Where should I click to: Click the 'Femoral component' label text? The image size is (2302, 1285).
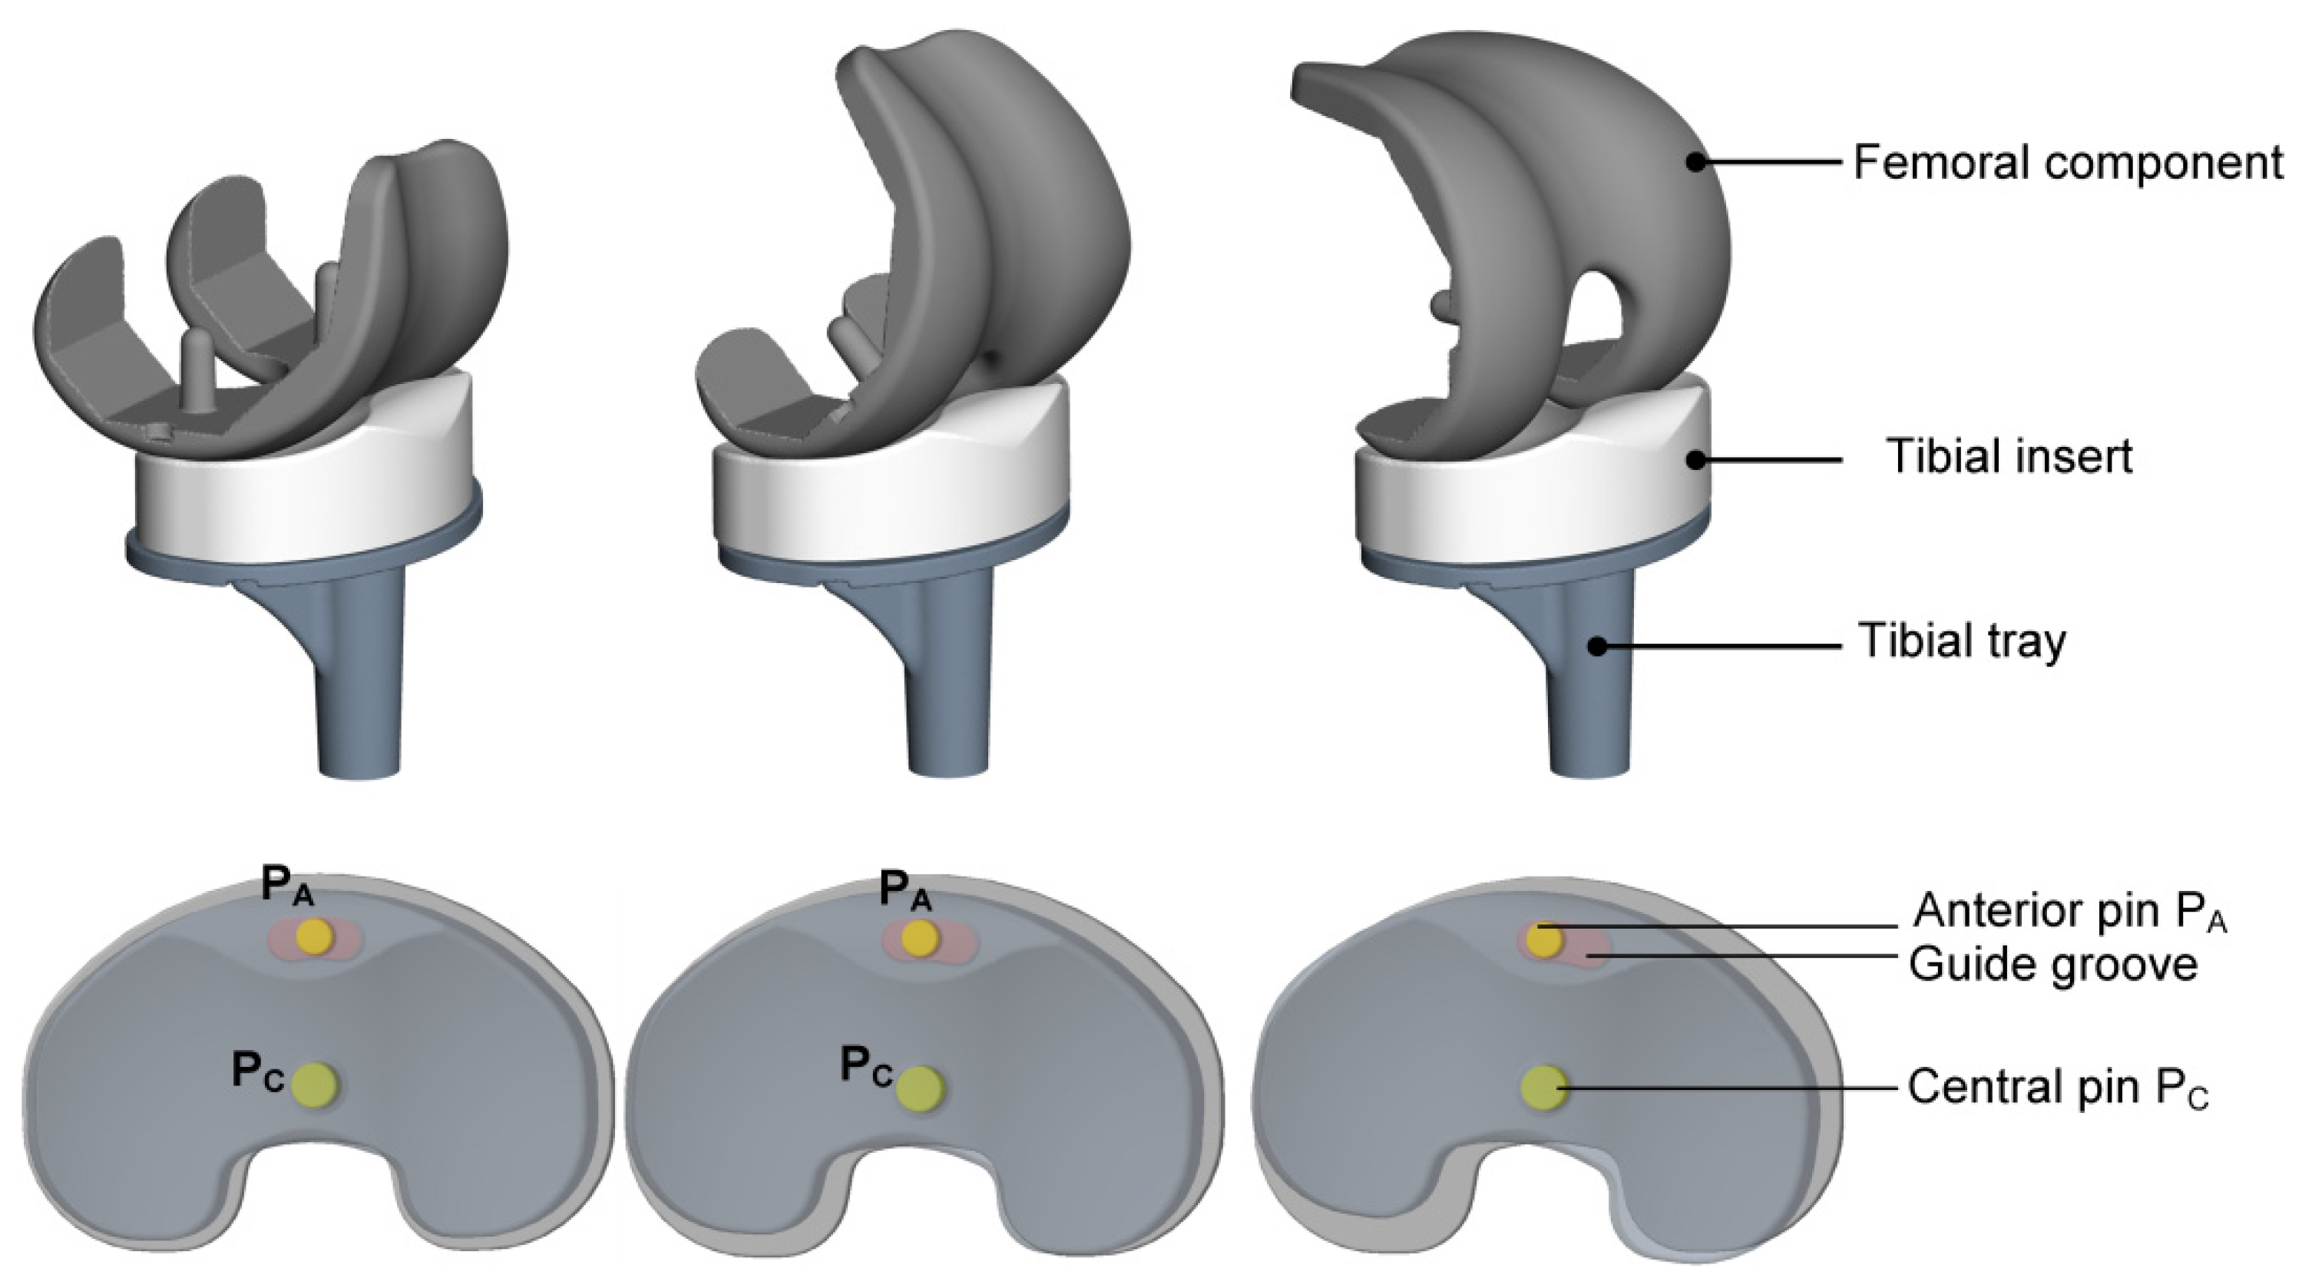click(2068, 164)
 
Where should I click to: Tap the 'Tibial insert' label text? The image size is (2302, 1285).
click(2009, 458)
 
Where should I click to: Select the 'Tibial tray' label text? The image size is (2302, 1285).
click(1963, 641)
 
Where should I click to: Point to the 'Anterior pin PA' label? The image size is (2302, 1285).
click(2069, 912)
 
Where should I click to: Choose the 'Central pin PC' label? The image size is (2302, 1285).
click(2059, 1088)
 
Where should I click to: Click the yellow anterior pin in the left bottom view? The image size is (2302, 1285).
click(315, 936)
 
